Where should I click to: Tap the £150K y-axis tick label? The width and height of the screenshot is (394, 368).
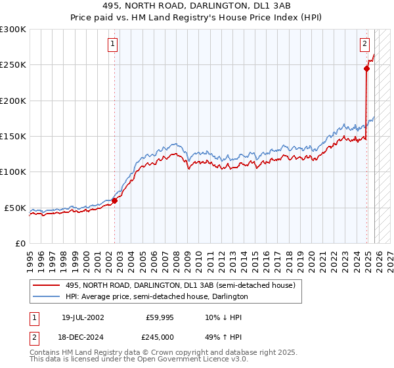[12, 137]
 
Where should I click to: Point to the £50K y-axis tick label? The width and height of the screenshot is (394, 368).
[14, 208]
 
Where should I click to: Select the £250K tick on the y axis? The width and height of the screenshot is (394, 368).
[12, 65]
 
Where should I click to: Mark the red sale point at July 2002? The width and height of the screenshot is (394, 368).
[114, 200]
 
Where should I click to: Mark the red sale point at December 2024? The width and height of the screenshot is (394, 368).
[367, 68]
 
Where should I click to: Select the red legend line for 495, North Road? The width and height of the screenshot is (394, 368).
[46, 285]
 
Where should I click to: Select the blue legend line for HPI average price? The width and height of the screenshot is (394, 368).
[46, 296]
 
